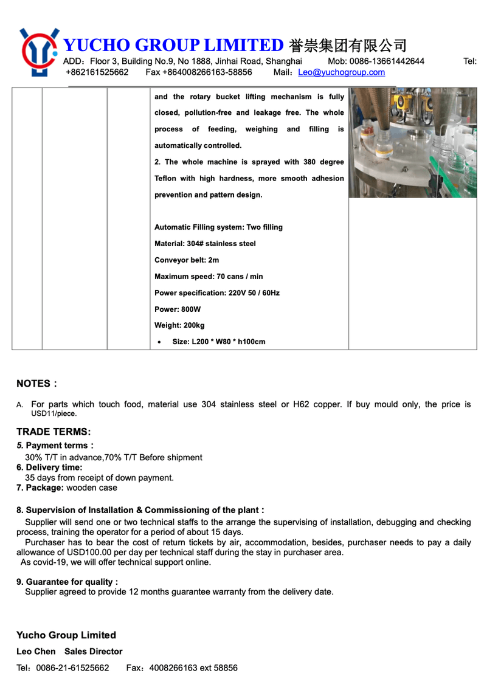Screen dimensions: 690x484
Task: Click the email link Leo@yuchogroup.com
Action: (341, 72)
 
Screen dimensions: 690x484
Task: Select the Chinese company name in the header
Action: (348, 46)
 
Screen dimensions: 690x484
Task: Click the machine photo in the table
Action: (412, 143)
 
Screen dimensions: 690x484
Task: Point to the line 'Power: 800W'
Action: (178, 309)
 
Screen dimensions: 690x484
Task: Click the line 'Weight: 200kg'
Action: (179, 326)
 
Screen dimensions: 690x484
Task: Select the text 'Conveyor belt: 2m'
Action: (187, 260)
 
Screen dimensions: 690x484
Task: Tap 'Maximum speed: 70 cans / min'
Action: (209, 277)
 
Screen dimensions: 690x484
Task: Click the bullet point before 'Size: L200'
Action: (159, 343)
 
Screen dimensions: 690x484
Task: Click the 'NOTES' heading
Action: (33, 384)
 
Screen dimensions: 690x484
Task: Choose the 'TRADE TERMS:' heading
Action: (54, 432)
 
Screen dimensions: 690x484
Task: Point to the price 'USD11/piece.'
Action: (54, 414)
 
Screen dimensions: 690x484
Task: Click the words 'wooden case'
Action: (92, 488)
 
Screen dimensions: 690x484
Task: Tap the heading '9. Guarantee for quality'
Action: (67, 582)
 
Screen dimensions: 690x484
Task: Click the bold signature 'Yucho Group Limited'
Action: (66, 635)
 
